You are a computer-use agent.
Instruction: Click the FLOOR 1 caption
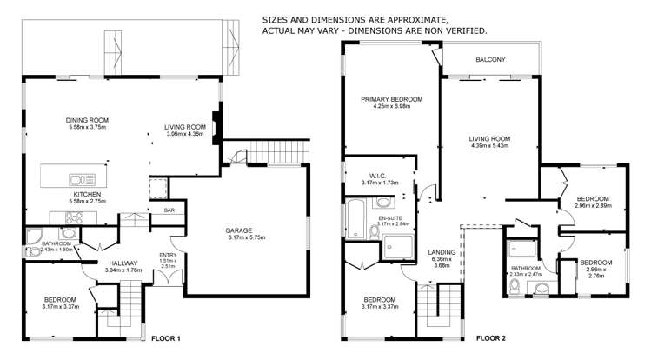(x=165, y=338)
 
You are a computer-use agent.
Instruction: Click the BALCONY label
(x=491, y=59)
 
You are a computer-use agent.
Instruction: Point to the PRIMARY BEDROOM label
(x=392, y=100)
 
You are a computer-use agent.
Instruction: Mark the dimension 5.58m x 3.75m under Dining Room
(x=86, y=128)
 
